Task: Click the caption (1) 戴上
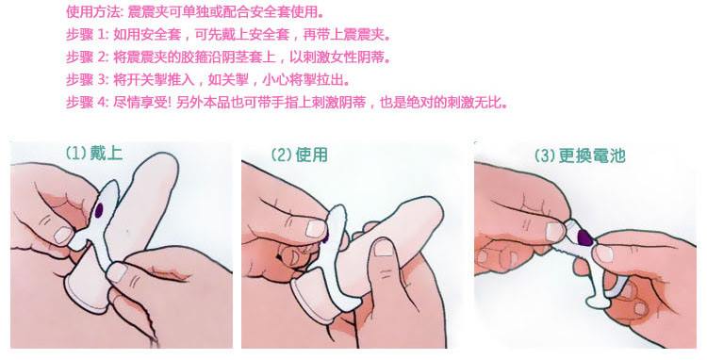click(93, 154)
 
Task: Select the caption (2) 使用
click(299, 155)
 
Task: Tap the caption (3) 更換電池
click(580, 155)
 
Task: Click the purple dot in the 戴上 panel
click(99, 209)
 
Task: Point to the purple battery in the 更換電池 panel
click(584, 237)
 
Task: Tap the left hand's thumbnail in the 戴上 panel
click(63, 235)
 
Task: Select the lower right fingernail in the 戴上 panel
click(116, 272)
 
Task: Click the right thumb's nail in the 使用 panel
click(384, 247)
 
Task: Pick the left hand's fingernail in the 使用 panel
click(315, 228)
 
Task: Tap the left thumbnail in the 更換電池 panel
click(554, 231)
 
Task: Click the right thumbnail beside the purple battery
click(604, 254)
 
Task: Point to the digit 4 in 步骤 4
click(102, 103)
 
